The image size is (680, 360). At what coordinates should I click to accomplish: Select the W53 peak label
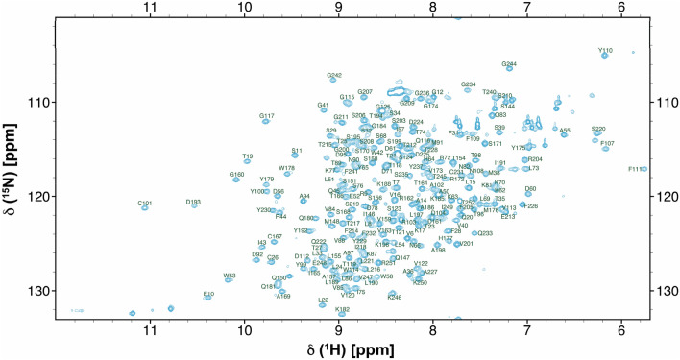coord(230,276)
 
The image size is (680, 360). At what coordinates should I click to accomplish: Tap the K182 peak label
coord(343,309)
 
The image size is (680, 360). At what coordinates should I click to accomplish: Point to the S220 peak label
coord(598,129)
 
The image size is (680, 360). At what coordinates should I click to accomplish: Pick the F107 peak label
coord(606,143)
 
